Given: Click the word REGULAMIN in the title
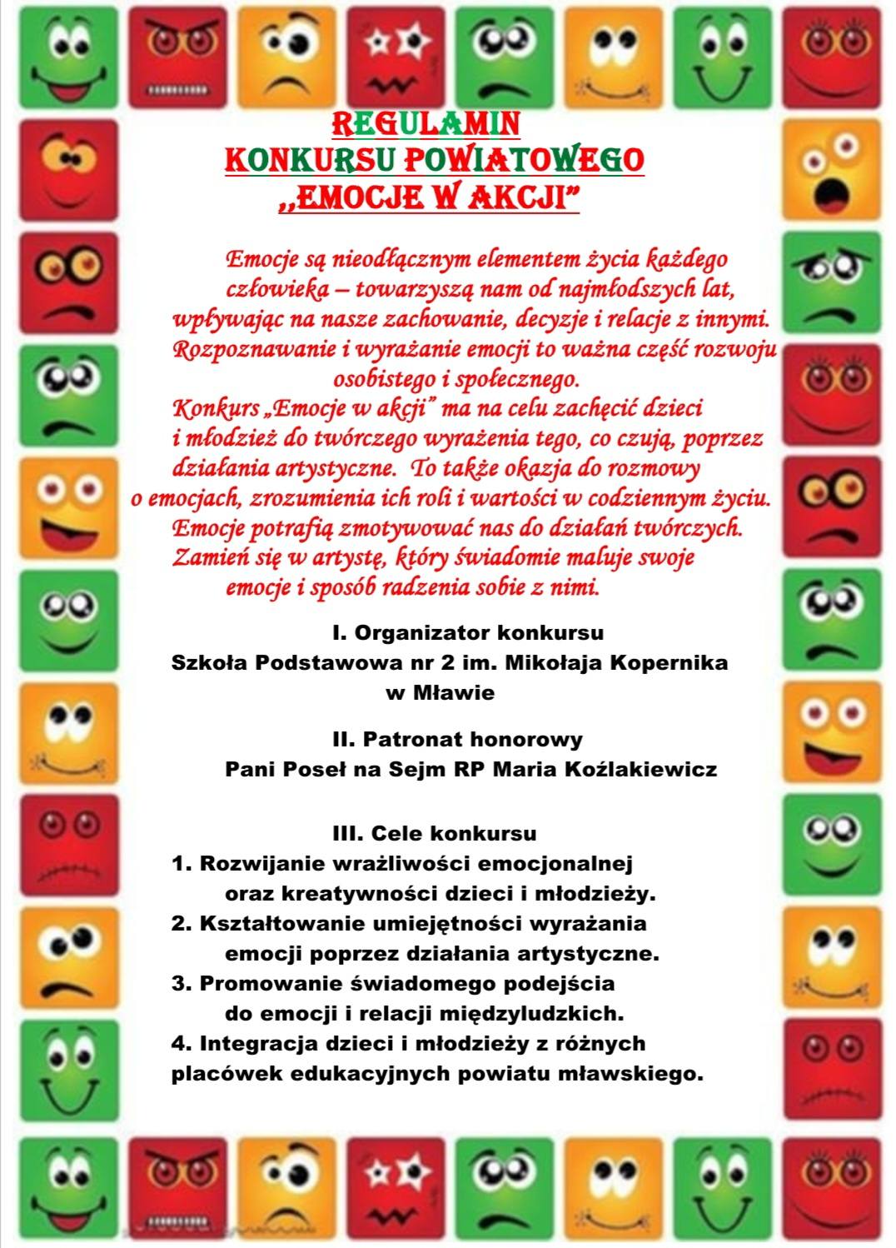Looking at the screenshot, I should [426, 123].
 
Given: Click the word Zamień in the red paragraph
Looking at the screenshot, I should [203, 557].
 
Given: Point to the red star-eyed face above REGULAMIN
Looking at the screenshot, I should [396, 57].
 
